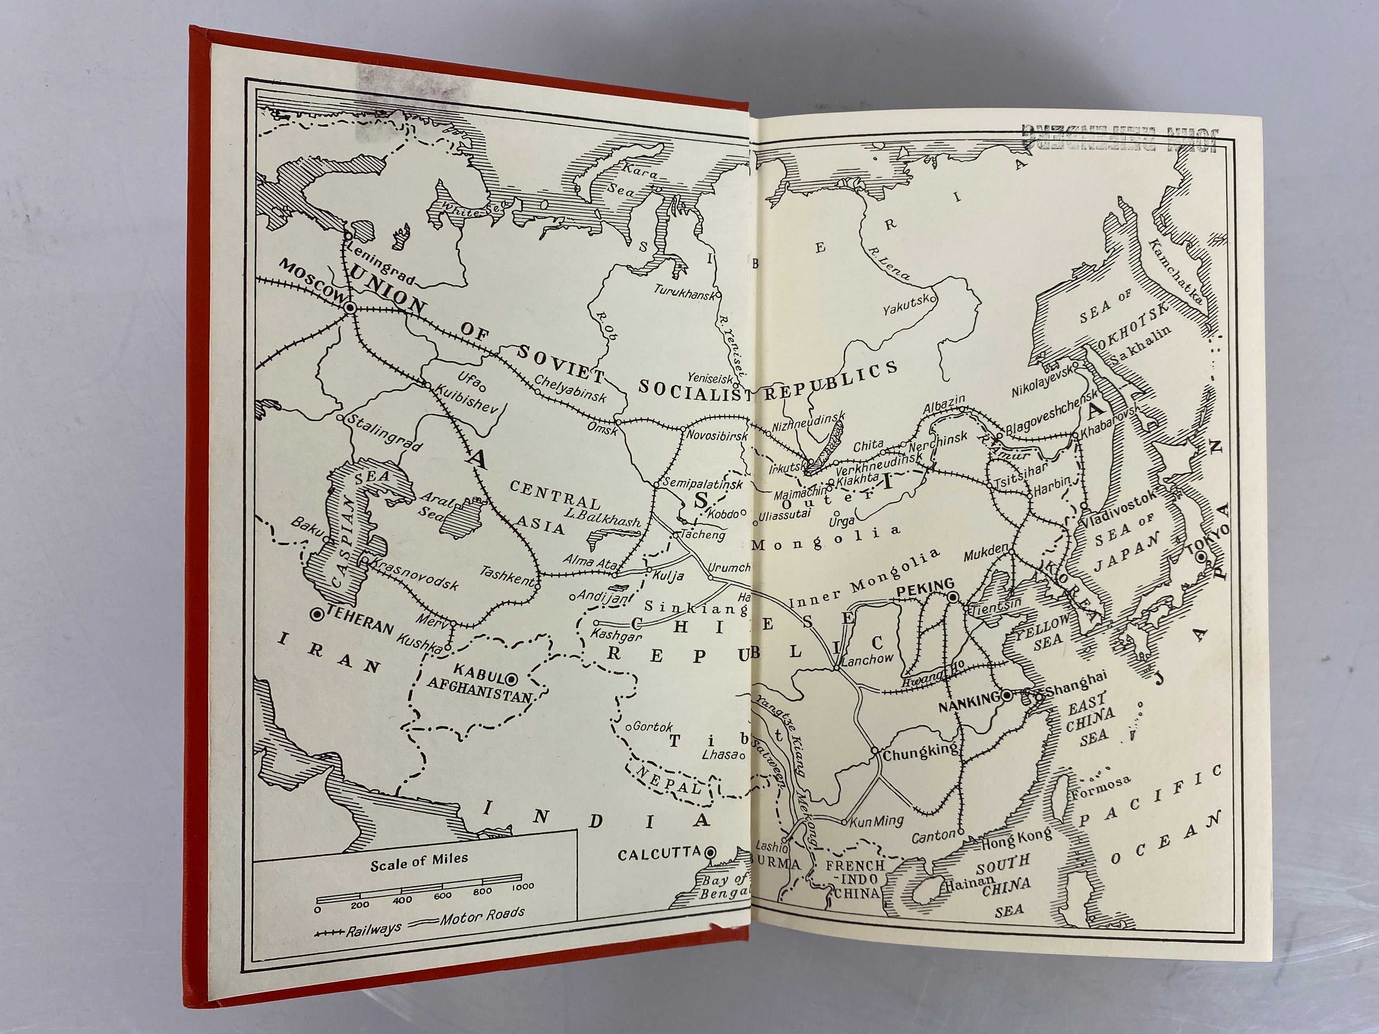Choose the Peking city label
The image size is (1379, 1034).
925,585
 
